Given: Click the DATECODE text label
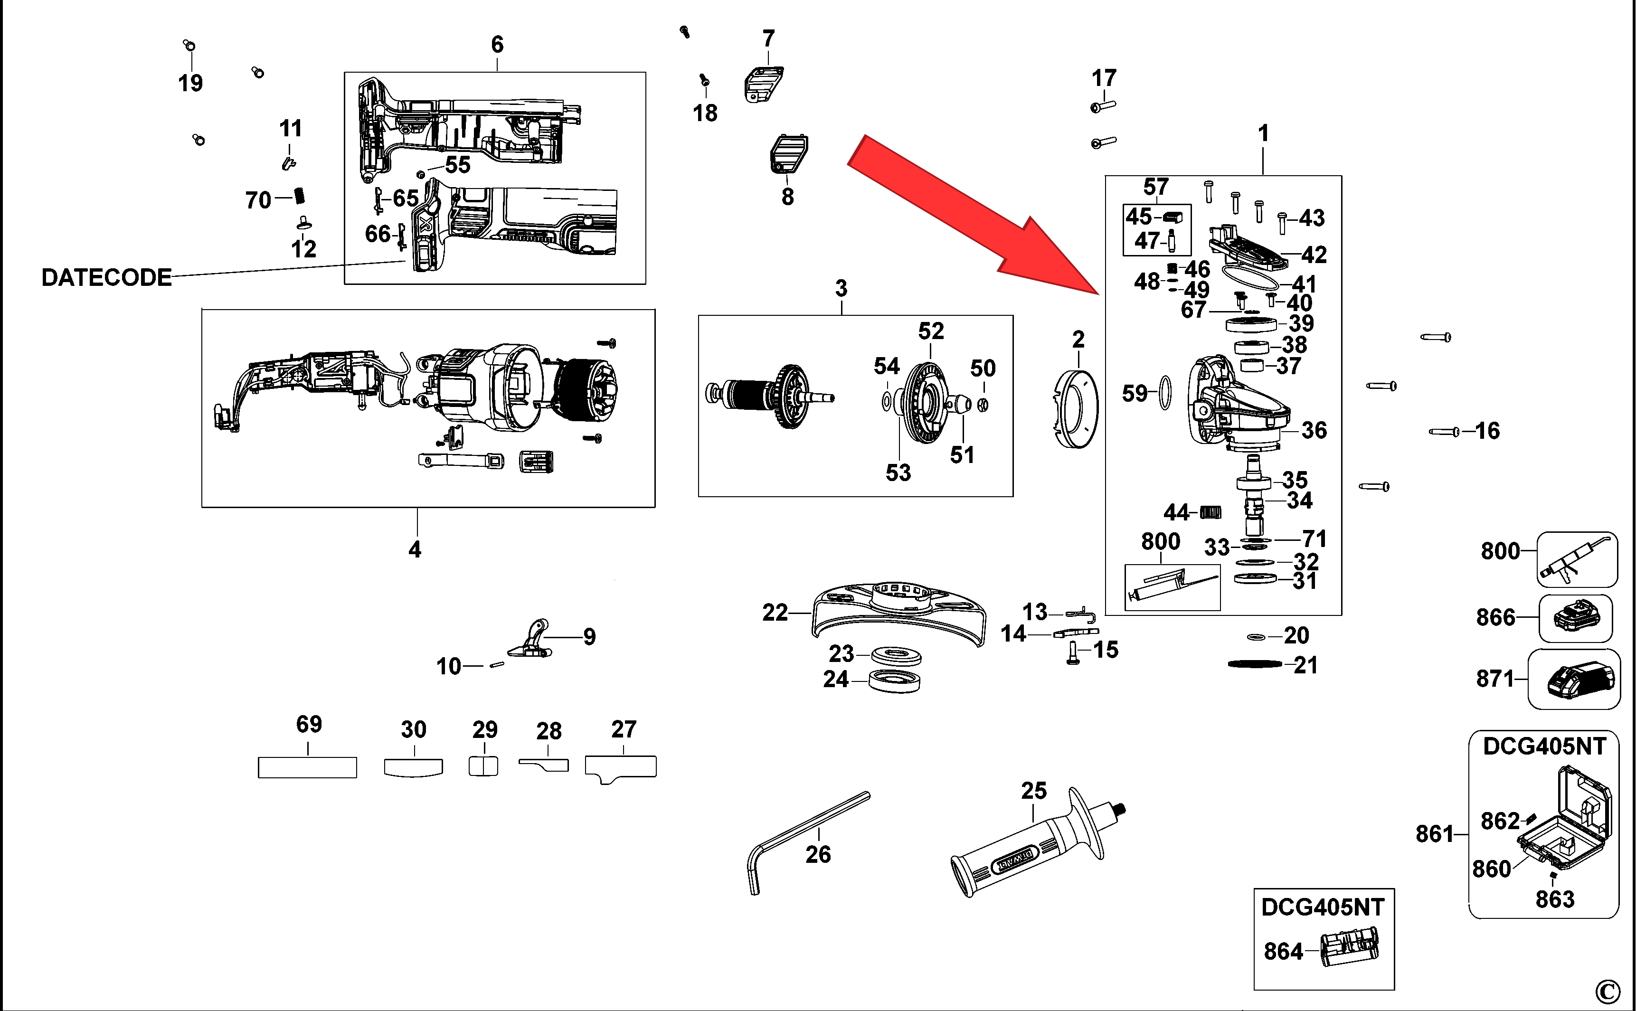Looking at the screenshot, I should click(106, 277).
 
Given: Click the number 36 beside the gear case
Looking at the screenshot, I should click(1314, 431).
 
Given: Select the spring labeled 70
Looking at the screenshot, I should click(300, 197).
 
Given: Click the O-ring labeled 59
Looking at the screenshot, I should click(1164, 393).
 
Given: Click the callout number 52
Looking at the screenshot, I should click(931, 331).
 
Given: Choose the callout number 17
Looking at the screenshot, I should click(1104, 78).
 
